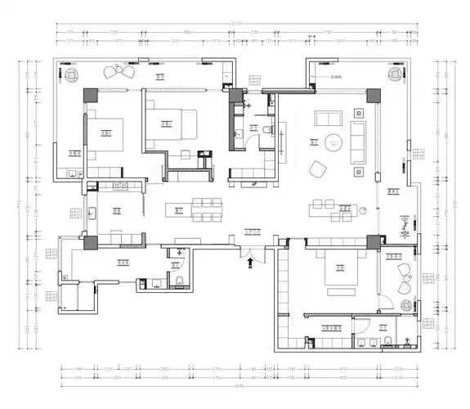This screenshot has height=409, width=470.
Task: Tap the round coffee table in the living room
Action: (x=333, y=142)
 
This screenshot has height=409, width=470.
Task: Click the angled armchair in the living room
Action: (x=316, y=169)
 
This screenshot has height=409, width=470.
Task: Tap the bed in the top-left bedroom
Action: (x=105, y=133)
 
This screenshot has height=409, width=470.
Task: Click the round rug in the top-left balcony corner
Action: (x=72, y=75)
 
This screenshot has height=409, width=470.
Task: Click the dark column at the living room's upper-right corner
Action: (x=373, y=94)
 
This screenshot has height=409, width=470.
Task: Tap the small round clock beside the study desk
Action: (x=405, y=219)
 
